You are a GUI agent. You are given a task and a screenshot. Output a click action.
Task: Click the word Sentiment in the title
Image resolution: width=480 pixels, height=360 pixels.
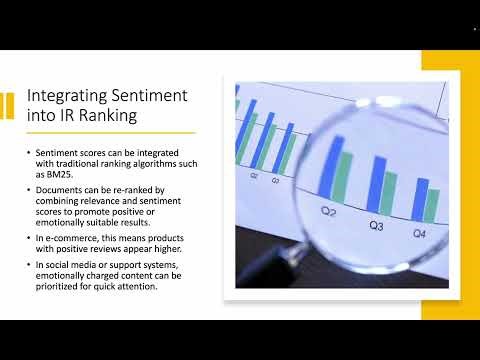[151, 97]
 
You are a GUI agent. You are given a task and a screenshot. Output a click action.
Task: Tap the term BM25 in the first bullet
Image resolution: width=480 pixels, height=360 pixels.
[44, 173]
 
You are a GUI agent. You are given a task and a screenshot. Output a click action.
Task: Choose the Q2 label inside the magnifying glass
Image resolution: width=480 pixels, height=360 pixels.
[328, 212]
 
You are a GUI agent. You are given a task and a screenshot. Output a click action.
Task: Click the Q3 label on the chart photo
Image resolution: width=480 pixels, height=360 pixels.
[376, 226]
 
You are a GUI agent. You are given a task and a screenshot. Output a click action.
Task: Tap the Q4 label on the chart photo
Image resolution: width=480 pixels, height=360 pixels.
[420, 233]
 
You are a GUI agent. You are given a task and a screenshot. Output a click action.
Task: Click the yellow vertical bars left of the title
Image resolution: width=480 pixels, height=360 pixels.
[8, 105]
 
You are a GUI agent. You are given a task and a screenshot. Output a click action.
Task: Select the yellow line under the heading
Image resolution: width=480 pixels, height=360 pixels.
[110, 132]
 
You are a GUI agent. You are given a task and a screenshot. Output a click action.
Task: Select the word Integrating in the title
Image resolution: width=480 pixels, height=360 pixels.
[63, 97]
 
